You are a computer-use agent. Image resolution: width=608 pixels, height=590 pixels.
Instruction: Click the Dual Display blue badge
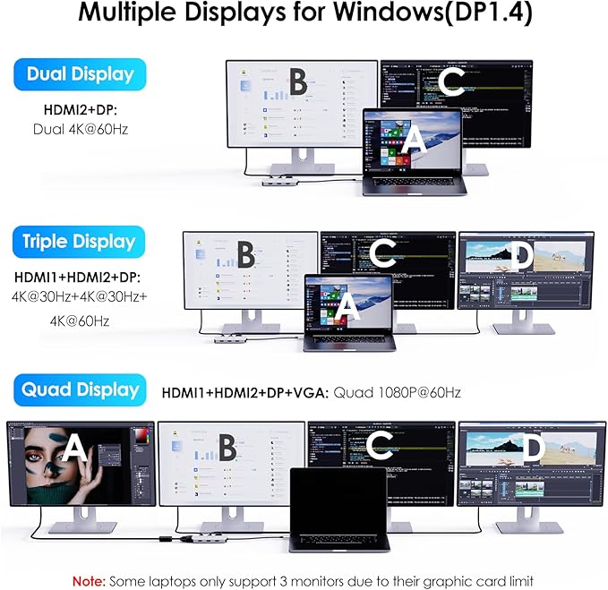[x=81, y=74]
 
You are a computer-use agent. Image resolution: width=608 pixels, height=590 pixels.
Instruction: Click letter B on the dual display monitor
[x=297, y=83]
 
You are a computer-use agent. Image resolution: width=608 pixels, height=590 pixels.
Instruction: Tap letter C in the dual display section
[x=452, y=83]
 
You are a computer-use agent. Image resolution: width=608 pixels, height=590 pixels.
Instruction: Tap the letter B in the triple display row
[x=244, y=255]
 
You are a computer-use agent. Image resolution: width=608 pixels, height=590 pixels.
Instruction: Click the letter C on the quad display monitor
[x=382, y=447]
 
